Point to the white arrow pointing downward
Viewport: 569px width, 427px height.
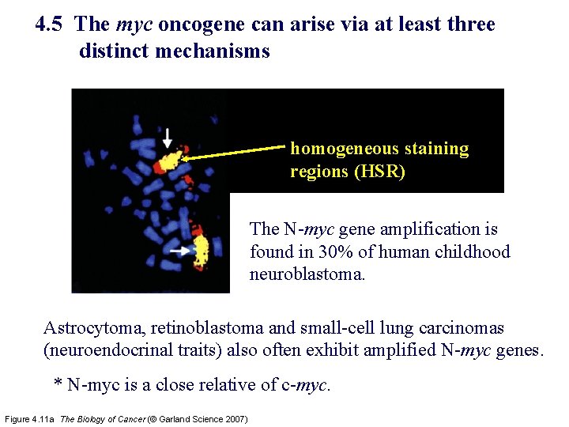167,138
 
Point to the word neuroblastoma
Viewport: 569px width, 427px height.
307,276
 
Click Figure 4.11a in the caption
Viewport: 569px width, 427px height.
30,418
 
